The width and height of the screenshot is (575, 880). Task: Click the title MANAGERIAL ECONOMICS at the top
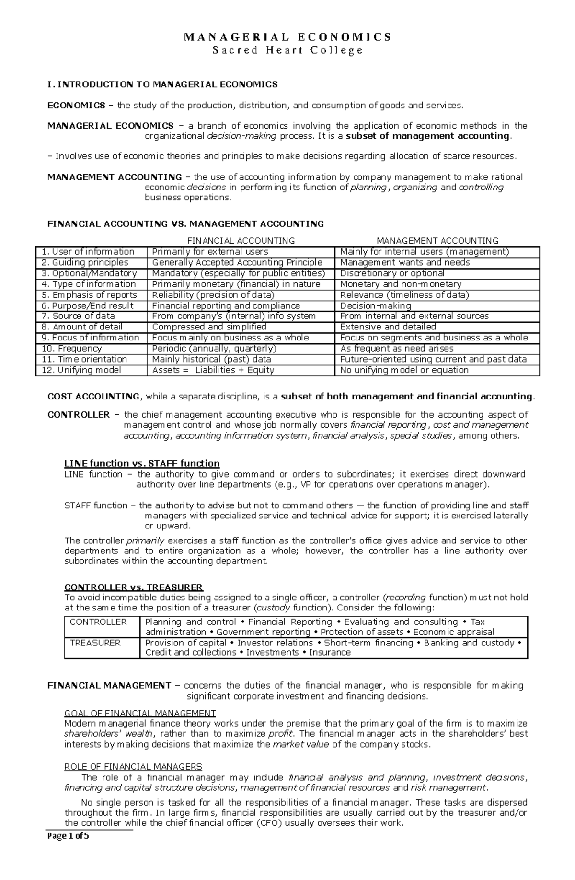click(287, 37)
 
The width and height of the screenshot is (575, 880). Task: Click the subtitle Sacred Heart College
click(287, 50)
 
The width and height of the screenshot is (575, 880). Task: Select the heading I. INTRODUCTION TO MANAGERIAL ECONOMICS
click(162, 84)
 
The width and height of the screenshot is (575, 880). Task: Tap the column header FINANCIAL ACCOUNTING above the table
click(241, 240)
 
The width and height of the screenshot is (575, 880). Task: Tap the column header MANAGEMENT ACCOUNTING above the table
click(437, 240)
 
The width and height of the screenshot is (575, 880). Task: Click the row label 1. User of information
click(88, 252)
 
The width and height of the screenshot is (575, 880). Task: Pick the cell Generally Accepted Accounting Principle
click(237, 262)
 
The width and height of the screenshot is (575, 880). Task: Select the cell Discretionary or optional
click(392, 273)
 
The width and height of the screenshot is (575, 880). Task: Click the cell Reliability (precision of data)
click(213, 295)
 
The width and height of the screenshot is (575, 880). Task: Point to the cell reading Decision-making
click(375, 306)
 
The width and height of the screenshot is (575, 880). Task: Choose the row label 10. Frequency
click(71, 349)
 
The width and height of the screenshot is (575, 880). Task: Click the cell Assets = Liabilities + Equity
click(213, 370)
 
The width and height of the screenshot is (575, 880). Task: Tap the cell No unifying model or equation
click(404, 370)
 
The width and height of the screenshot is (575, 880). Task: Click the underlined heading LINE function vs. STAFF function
click(142, 463)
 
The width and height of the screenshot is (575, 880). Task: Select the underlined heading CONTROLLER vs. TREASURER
click(134, 587)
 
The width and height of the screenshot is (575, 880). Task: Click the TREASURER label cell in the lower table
click(95, 643)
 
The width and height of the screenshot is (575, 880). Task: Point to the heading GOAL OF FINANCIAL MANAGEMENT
click(140, 713)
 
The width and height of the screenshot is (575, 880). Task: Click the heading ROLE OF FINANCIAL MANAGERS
click(133, 766)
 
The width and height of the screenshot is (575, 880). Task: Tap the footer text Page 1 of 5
click(68, 849)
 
